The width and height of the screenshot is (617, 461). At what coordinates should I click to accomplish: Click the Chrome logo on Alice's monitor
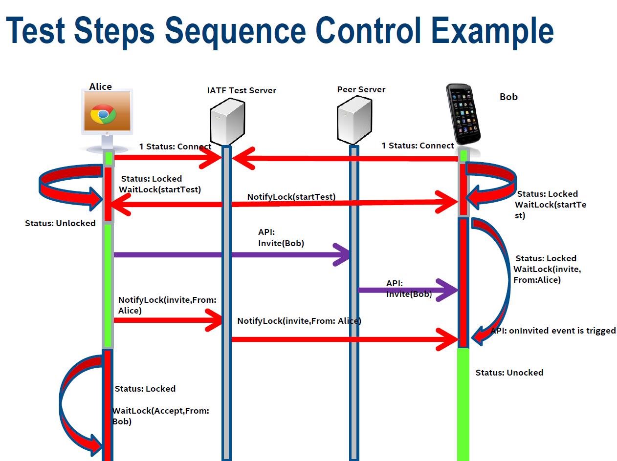103,114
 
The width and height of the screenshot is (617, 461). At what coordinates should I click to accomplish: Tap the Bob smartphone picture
463,114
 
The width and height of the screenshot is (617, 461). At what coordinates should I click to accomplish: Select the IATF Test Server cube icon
227,121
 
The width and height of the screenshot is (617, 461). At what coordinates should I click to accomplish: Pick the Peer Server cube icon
354,120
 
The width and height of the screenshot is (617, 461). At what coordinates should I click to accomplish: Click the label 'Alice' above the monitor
100,86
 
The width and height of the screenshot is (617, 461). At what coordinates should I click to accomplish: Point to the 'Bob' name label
508,97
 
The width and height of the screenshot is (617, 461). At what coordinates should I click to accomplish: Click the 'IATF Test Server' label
242,90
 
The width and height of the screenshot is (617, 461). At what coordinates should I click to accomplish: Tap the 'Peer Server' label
361,89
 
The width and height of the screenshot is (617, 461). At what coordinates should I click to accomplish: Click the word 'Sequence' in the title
235,31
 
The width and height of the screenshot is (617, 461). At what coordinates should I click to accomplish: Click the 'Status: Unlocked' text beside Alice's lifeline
60,223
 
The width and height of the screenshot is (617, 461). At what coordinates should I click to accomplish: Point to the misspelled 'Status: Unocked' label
509,373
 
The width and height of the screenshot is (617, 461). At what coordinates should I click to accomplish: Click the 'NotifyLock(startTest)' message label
291,197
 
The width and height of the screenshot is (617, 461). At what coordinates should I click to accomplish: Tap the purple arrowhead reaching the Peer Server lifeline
342,254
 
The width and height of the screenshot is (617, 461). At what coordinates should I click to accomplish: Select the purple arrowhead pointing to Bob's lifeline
447,290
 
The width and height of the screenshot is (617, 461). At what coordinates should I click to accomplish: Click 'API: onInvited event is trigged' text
553,331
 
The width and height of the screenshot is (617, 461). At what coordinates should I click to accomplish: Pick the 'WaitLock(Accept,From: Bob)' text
160,416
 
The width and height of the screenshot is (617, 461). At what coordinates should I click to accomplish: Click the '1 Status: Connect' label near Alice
175,147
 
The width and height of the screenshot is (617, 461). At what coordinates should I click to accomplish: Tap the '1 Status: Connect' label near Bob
418,146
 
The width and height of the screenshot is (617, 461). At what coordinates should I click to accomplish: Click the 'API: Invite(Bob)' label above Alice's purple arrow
281,237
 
